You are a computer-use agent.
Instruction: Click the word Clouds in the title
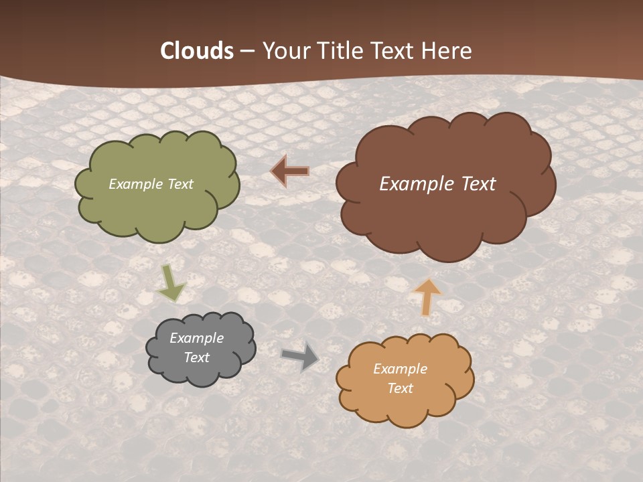pyautogui.click(x=197, y=51)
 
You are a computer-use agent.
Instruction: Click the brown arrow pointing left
pyautogui.click(x=290, y=171)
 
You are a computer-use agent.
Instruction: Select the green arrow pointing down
pyautogui.click(x=171, y=283)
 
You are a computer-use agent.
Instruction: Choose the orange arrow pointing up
pyautogui.click(x=427, y=297)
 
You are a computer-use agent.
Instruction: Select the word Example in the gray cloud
pyautogui.click(x=196, y=338)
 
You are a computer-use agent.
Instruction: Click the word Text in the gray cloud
pyautogui.click(x=196, y=357)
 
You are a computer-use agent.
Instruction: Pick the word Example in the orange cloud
pyautogui.click(x=400, y=369)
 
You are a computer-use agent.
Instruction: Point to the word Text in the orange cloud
pyautogui.click(x=400, y=388)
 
